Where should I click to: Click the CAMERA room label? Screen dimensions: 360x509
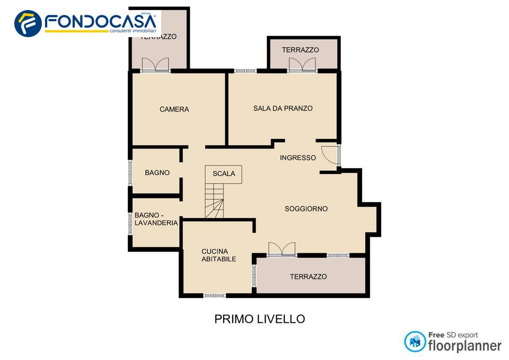coord(174,110)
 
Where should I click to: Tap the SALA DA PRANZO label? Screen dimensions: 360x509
coord(283,108)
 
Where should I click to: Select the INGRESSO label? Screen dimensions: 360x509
coord(297,157)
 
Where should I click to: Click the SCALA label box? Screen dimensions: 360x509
coord(223,174)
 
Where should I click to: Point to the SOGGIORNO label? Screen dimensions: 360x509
coord(306,209)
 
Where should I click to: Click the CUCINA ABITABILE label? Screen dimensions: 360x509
coord(218,255)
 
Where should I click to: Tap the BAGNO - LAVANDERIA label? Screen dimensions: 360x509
coord(156,219)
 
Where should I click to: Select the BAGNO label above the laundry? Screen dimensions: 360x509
coord(157,173)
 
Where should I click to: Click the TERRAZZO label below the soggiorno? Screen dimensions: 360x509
coord(308,277)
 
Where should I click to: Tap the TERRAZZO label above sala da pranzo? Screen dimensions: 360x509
coord(300,50)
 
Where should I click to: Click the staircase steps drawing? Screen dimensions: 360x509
coord(215,201)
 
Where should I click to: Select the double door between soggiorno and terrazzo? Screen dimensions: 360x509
coord(282,249)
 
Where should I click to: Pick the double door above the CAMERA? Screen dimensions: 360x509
coord(155,65)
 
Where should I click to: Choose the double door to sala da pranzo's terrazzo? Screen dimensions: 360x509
coord(302,65)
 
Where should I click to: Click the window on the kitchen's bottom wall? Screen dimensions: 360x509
coord(215,295)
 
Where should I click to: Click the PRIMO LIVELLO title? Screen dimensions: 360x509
coord(259,319)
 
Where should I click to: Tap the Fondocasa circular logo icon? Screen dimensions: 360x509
coord(28,23)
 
